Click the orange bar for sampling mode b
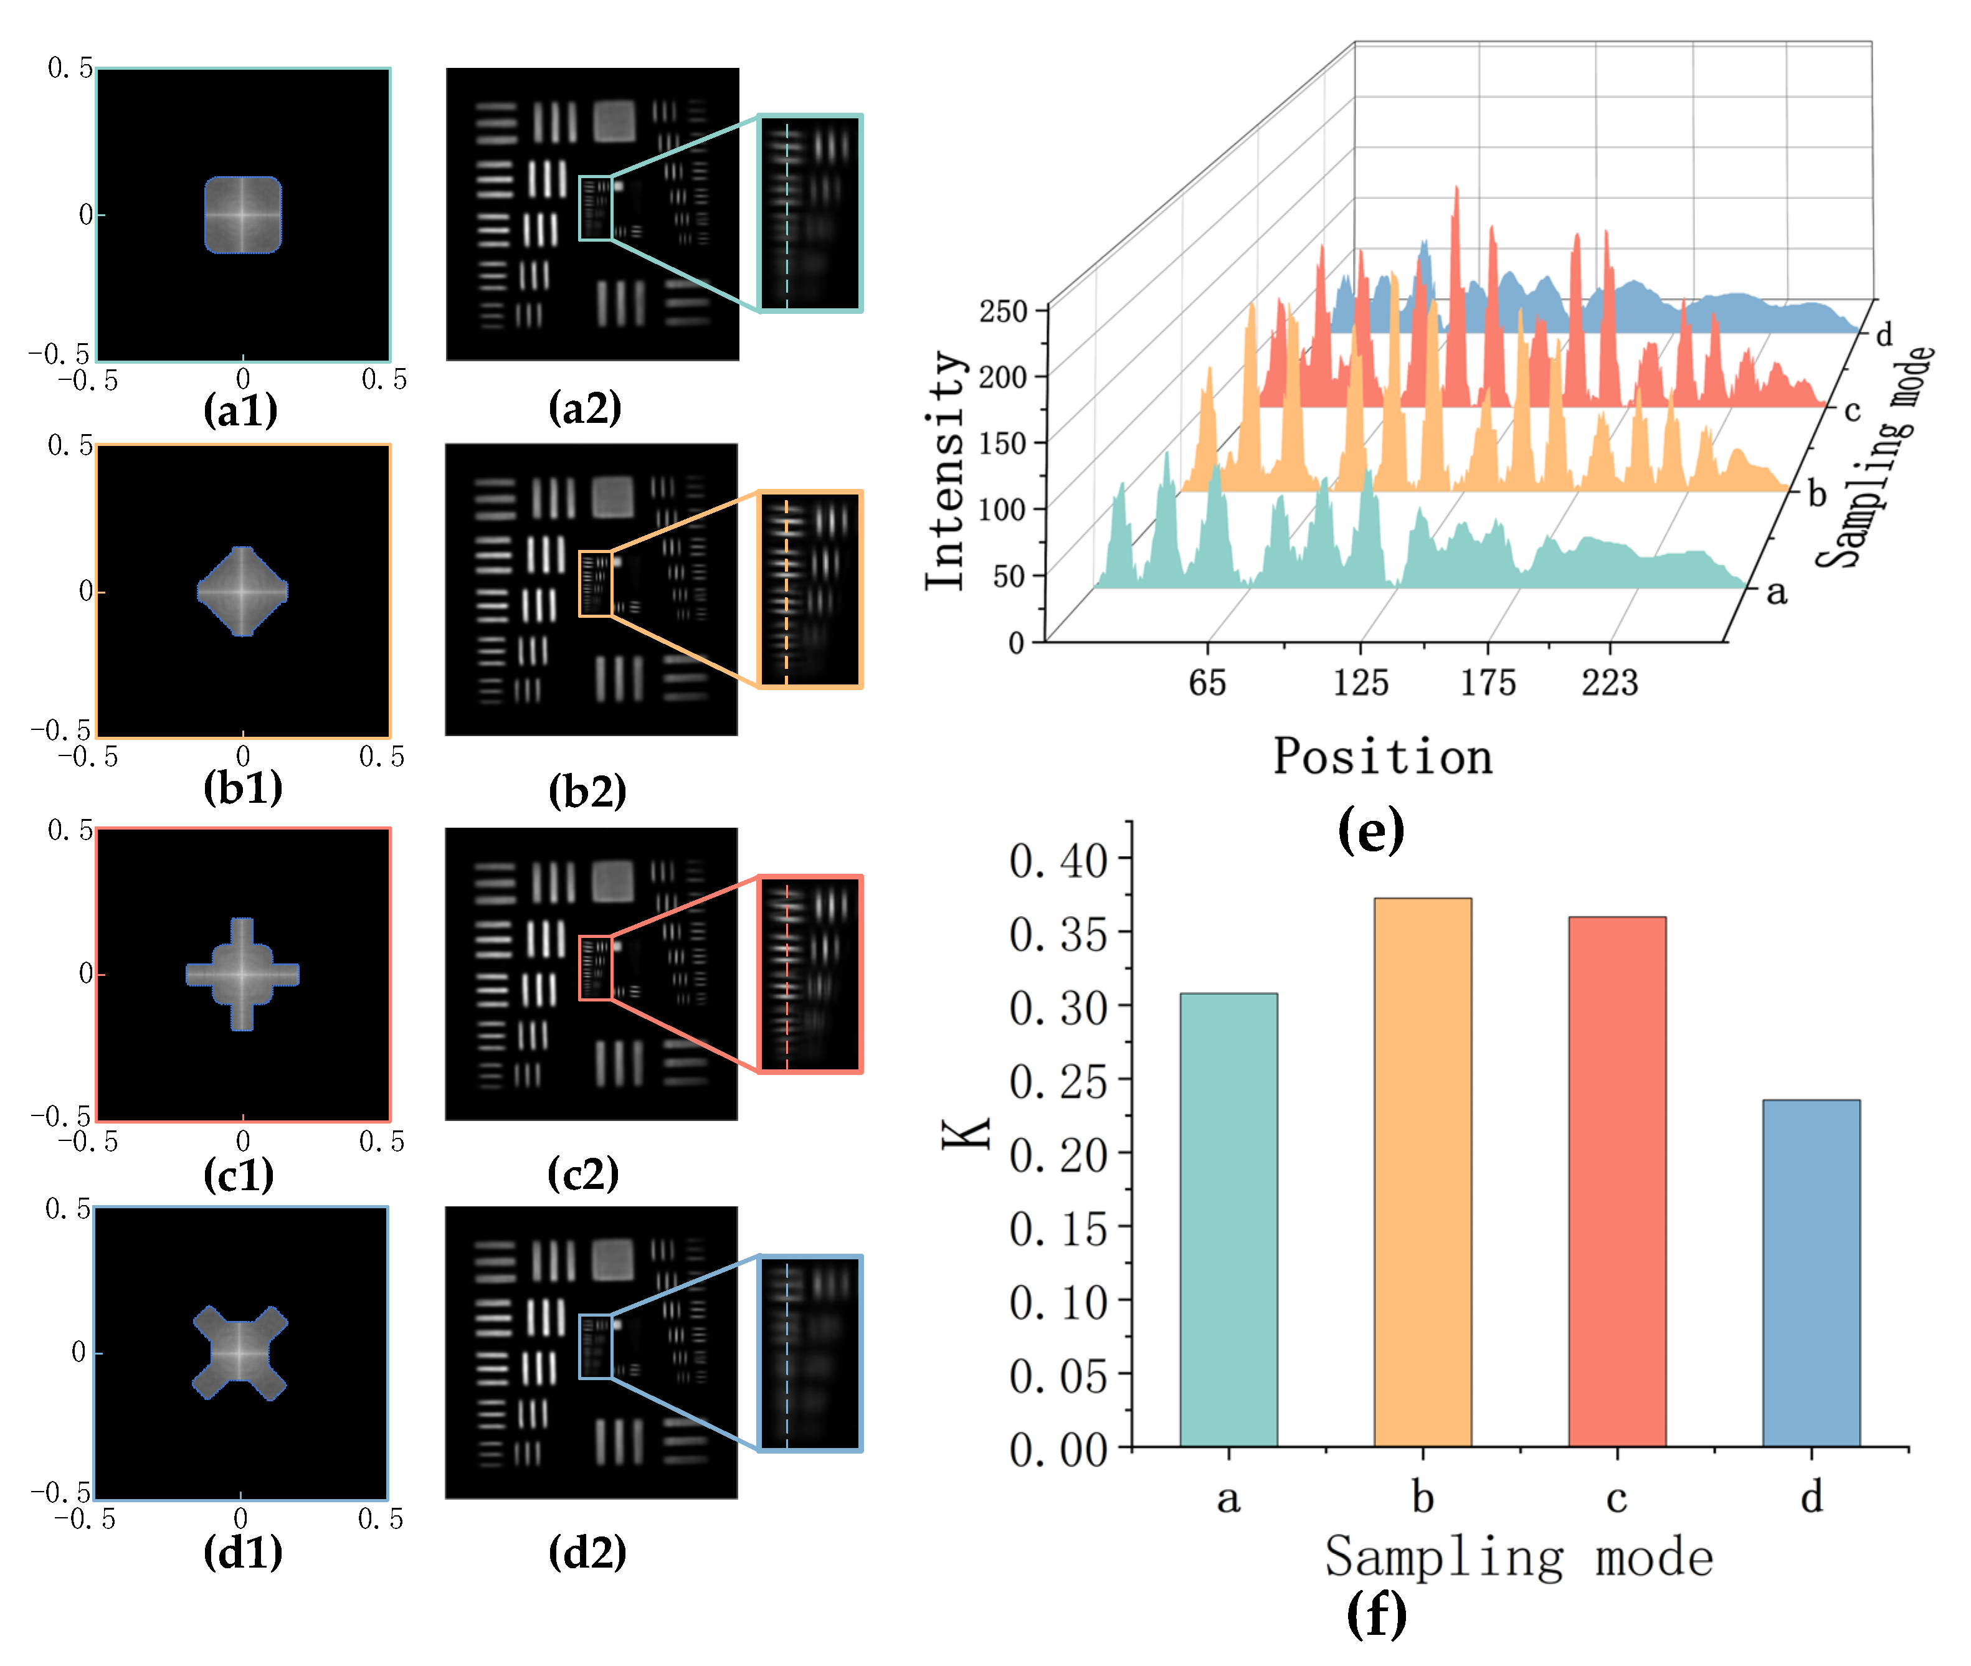[x=1422, y=1171]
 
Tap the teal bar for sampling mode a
[x=1228, y=1218]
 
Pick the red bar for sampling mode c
[x=1616, y=1181]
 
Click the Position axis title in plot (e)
[x=1382, y=757]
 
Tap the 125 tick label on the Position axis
[x=1360, y=682]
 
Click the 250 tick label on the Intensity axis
[x=1002, y=311]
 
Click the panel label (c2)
[x=582, y=1174]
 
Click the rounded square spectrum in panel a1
[x=243, y=214]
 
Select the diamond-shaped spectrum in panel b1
[x=243, y=591]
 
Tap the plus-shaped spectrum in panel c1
[x=243, y=973]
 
